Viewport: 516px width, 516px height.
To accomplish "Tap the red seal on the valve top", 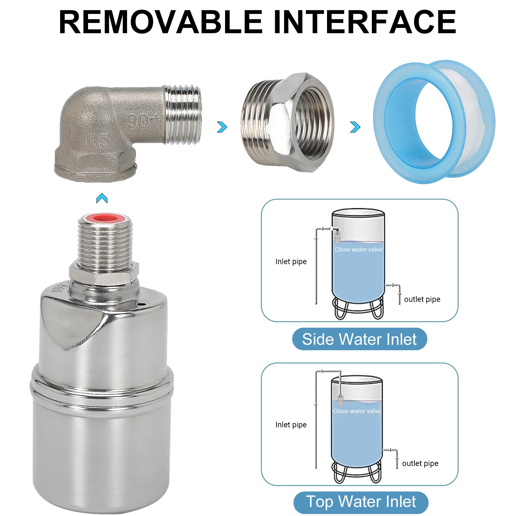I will pos(104,219).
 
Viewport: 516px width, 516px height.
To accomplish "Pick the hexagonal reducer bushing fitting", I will pos(287,123).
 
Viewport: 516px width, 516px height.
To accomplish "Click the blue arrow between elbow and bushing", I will pos(222,127).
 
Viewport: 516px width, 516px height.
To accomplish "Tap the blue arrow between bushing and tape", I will pos(355,127).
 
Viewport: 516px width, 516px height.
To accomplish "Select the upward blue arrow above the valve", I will pos(102,198).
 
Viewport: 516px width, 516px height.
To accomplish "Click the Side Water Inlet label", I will pos(359,339).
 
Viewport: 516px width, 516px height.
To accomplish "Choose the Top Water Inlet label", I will pos(361,502).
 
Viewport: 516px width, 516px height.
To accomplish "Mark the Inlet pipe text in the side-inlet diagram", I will pos(291,262).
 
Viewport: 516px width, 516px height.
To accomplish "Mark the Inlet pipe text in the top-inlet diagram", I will pos(291,425).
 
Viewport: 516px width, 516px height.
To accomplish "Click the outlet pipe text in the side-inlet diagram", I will pos(422,299).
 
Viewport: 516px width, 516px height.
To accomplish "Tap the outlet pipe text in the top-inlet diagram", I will pos(420,463).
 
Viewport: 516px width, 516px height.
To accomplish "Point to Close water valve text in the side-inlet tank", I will pos(358,249).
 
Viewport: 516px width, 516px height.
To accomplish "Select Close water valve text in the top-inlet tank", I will pos(357,411).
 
